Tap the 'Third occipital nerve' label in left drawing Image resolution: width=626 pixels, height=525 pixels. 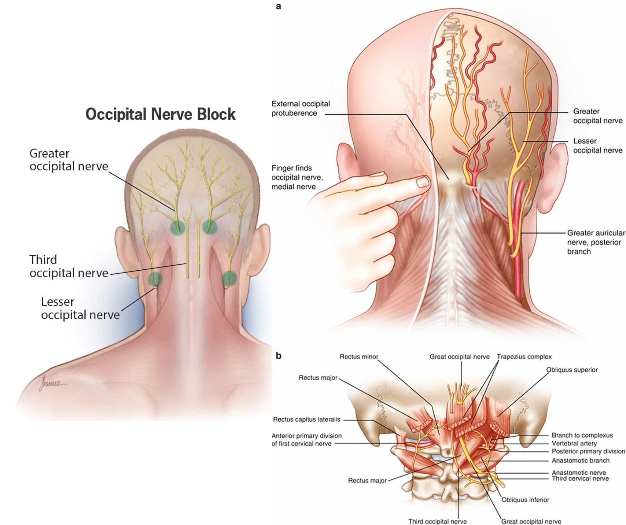(69, 266)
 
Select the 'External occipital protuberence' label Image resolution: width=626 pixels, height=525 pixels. (301, 108)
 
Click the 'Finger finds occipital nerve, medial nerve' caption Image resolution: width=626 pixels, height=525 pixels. (297, 177)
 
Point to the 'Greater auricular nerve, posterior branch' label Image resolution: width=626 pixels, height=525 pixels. (596, 242)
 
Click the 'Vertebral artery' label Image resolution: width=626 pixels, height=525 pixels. (574, 443)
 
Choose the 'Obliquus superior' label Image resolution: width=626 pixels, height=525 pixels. (572, 370)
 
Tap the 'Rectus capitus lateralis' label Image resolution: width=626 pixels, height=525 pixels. (307, 420)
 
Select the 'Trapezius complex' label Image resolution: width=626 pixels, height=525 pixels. (524, 357)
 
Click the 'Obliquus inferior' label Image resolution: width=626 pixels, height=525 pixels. (525, 500)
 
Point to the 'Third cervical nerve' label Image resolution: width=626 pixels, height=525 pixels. (580, 479)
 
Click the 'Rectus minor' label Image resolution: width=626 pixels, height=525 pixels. (359, 357)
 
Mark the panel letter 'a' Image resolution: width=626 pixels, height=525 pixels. (278, 6)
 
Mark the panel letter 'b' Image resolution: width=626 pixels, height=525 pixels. (278, 356)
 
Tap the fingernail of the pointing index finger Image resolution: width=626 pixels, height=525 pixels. (423, 182)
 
